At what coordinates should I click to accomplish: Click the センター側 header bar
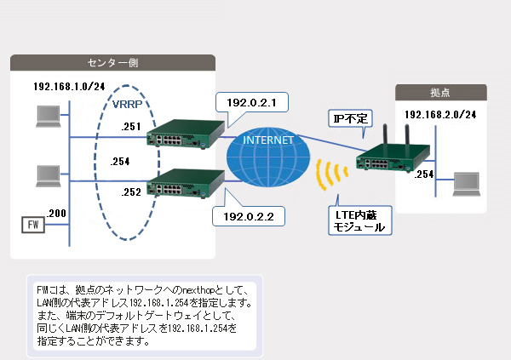[112, 63]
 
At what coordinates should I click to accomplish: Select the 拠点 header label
[441, 92]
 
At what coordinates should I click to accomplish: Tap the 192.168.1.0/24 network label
[69, 88]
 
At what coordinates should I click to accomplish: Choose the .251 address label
[131, 126]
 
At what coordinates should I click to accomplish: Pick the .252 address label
[131, 191]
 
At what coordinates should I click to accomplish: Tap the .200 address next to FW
[57, 212]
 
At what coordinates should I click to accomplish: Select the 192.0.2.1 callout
[252, 103]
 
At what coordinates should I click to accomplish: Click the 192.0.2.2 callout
[246, 217]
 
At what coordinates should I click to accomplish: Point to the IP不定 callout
[349, 118]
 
